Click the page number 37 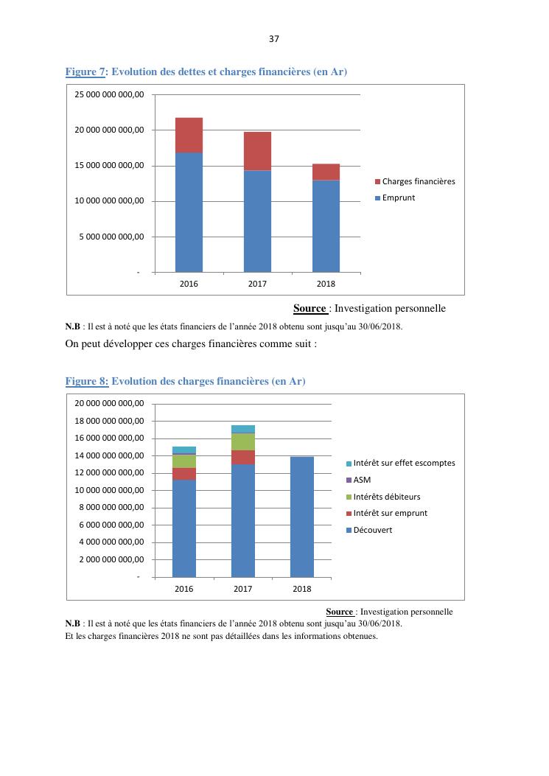coord(274,39)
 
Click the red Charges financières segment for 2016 coord(189,135)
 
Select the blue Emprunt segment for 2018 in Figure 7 coord(326,226)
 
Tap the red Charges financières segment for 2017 coord(257,151)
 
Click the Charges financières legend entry coord(418,181)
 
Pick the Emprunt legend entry coord(398,198)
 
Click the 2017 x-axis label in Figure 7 coord(257,284)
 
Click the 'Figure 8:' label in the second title coord(87,381)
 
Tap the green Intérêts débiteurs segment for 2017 coord(243,441)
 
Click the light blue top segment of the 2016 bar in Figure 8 coord(184,450)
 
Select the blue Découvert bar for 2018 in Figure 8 coord(302,516)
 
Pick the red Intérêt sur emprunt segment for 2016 coord(184,474)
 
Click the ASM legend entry coord(362,480)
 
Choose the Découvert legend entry coord(373,530)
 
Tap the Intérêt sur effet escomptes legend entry coord(404,463)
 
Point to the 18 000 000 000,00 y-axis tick coord(110,421)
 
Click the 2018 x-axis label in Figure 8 coord(302,589)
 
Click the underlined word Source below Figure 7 coord(310,309)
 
